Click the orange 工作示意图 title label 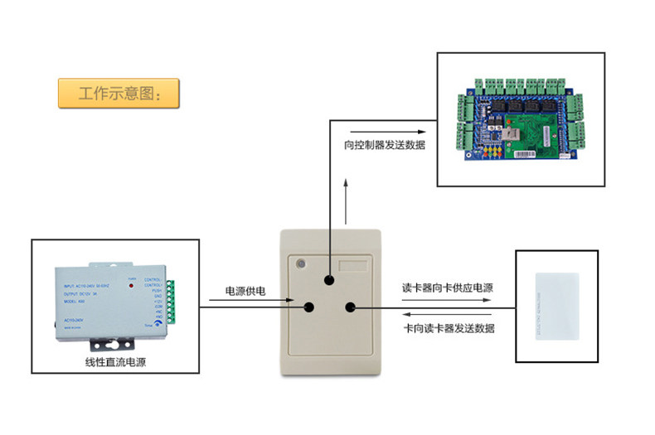pos(118,92)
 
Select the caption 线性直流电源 pos(115,362)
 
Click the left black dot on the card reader pos(309,307)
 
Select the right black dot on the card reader pos(351,308)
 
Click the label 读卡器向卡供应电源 pos(448,288)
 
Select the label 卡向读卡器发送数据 pos(449,329)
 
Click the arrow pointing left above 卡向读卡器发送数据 pos(448,316)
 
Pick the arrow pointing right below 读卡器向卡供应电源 pos(448,302)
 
